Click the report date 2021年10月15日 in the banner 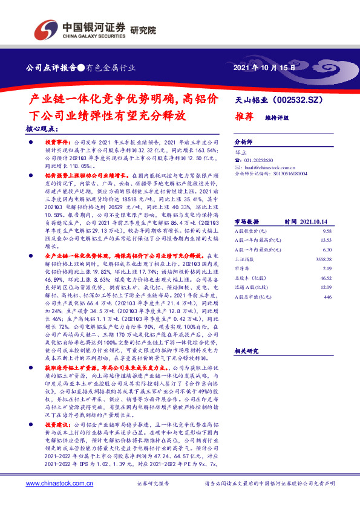click(x=265, y=68)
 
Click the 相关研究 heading click(x=246, y=351)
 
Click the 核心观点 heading click(x=43, y=129)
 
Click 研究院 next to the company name click(x=143, y=30)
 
